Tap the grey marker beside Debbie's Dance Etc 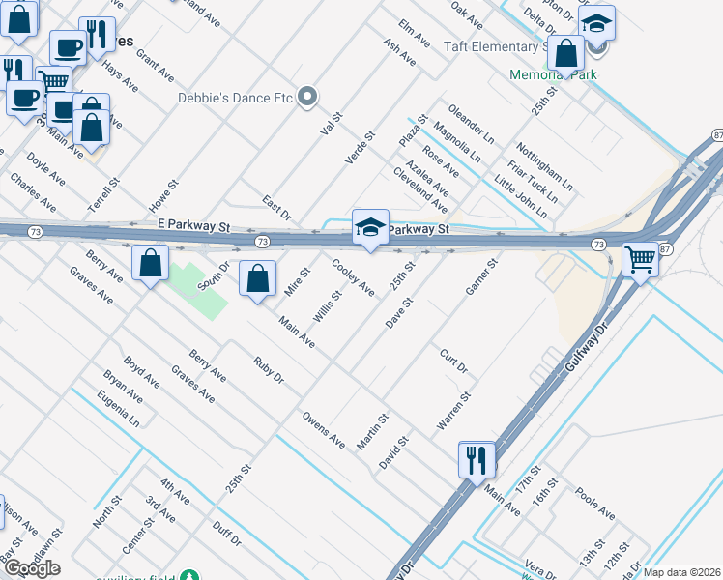pyautogui.click(x=307, y=96)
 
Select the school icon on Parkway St pyautogui.click(x=370, y=227)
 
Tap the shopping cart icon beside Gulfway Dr pyautogui.click(x=640, y=259)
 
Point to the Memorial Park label pyautogui.click(x=554, y=73)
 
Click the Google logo pyautogui.click(x=32, y=568)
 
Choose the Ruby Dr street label pyautogui.click(x=268, y=371)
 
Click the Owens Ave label pyautogui.click(x=324, y=430)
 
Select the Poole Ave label pyautogui.click(x=594, y=502)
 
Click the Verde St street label pyautogui.click(x=361, y=149)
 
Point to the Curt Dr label pyautogui.click(x=453, y=362)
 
